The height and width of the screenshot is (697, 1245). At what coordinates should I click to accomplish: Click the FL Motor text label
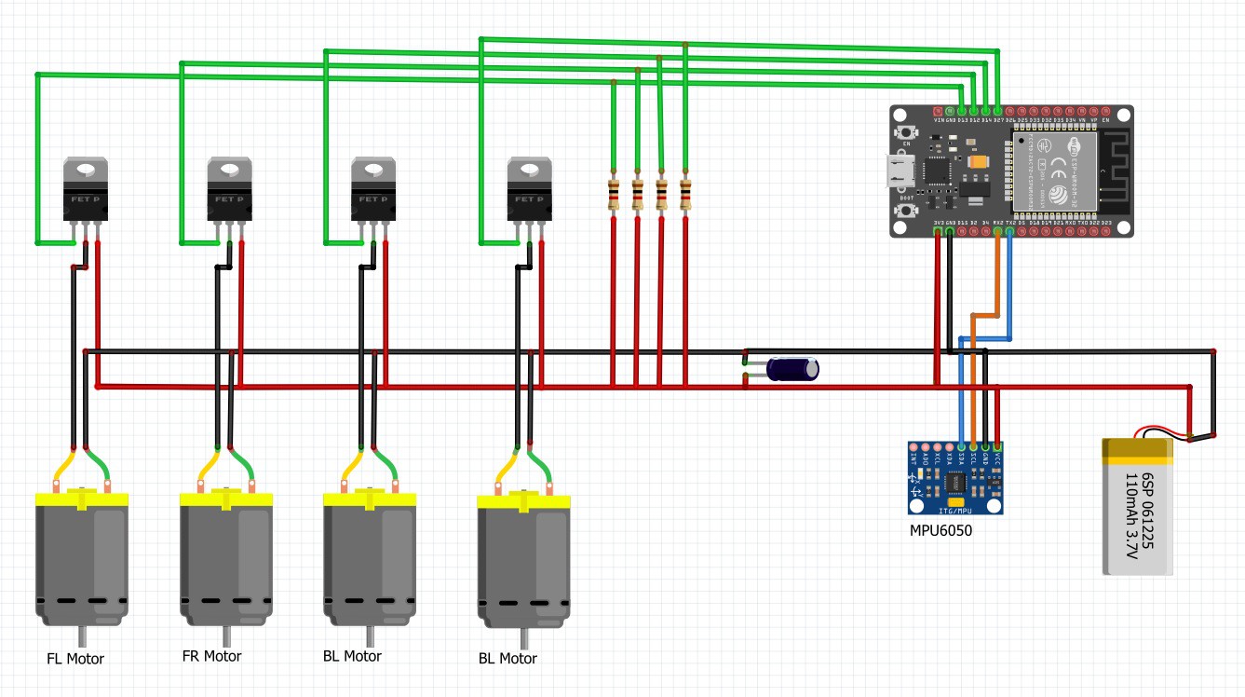(x=75, y=659)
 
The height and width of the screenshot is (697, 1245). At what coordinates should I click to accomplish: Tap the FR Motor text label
(x=211, y=656)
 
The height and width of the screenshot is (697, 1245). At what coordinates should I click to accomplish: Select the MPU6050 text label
(x=941, y=530)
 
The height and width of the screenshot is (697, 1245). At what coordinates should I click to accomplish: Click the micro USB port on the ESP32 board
(x=899, y=171)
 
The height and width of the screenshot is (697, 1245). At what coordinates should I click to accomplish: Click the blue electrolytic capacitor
(x=792, y=369)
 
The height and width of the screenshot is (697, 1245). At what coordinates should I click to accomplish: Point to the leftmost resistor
(x=614, y=196)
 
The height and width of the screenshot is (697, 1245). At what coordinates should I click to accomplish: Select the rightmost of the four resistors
(x=685, y=196)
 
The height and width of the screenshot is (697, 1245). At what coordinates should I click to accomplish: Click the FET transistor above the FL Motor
(x=86, y=190)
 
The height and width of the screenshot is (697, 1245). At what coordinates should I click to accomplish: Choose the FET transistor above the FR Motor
(x=229, y=190)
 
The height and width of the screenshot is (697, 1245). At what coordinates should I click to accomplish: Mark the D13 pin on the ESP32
(x=962, y=111)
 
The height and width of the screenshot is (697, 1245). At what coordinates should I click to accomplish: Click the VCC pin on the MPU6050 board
(x=997, y=447)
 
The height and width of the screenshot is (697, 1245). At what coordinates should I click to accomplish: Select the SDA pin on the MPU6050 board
(x=961, y=447)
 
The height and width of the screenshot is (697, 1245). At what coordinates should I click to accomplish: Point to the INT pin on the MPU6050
(x=913, y=447)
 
